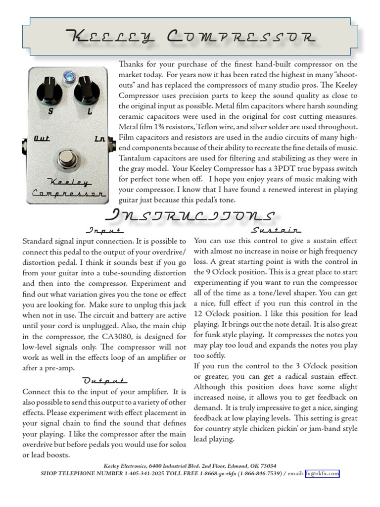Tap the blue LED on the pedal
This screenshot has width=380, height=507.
tap(68, 76)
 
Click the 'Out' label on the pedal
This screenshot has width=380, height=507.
tap(42, 139)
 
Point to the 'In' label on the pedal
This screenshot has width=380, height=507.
tap(99, 139)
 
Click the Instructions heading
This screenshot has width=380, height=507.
tap(190, 215)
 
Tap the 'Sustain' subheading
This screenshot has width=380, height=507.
tap(276, 230)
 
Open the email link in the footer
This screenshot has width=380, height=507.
tap(322, 473)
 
